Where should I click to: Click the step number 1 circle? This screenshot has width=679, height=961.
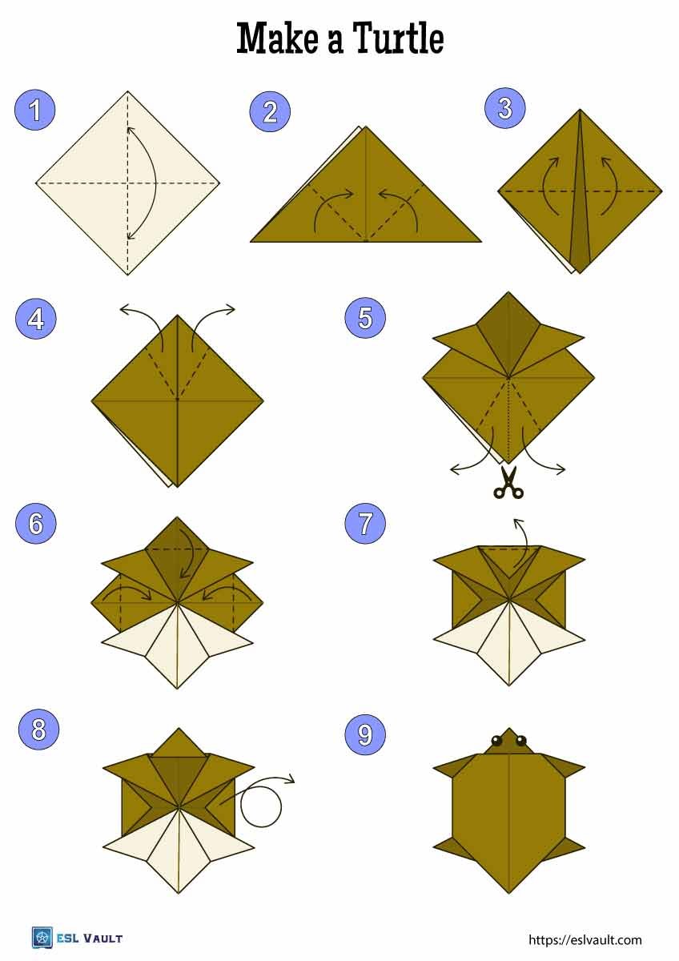[x=35, y=111]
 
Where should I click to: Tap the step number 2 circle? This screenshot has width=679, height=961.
[x=270, y=111]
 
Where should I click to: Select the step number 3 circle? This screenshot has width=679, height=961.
[x=505, y=109]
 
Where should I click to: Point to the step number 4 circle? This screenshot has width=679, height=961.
[x=35, y=319]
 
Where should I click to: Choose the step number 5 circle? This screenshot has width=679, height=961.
[x=365, y=319]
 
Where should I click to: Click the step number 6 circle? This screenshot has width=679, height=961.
[x=35, y=524]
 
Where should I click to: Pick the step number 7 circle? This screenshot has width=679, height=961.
[x=365, y=524]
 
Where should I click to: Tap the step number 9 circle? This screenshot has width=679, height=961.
[x=365, y=735]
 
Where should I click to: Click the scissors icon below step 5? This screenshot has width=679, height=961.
[x=508, y=482]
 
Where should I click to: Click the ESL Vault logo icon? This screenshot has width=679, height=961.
[x=42, y=938]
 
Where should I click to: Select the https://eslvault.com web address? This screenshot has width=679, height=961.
[x=585, y=940]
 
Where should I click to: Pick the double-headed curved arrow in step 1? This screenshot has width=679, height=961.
[x=144, y=183]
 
